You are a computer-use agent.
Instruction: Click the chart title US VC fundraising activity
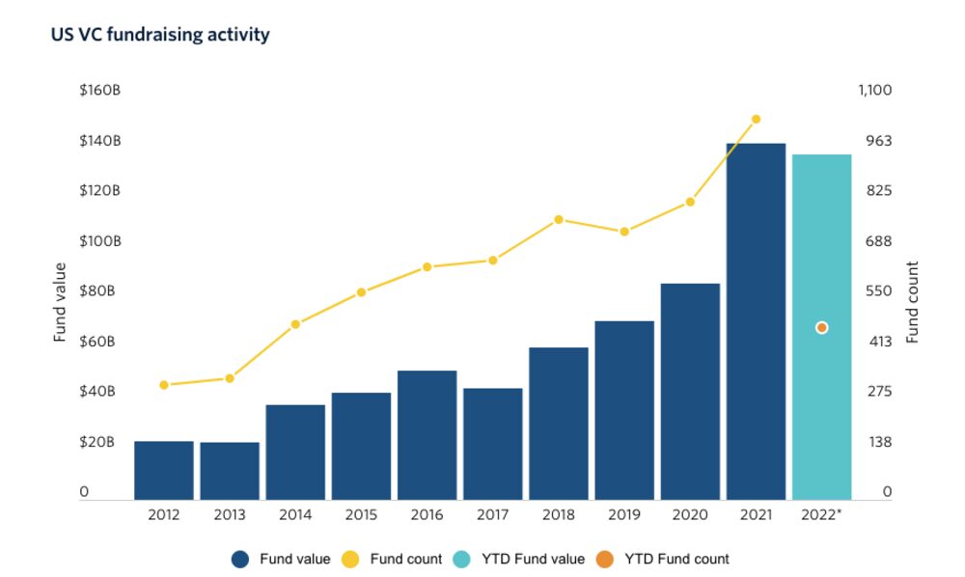click(160, 35)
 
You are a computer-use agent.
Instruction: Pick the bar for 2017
click(492, 444)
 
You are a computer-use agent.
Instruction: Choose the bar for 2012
click(164, 470)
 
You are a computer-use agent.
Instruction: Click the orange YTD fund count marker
click(821, 328)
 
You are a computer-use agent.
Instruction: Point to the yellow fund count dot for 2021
click(756, 120)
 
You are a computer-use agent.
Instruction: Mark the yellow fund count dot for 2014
click(295, 324)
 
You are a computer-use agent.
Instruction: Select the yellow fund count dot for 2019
click(624, 232)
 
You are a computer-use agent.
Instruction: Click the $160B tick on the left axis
click(100, 91)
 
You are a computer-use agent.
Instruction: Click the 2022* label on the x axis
click(821, 515)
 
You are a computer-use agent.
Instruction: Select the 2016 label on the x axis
click(427, 515)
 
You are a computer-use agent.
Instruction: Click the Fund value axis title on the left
click(60, 302)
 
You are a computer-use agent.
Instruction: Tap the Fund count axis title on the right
click(912, 302)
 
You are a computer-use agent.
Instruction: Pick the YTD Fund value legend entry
click(519, 559)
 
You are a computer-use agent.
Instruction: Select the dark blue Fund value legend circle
click(241, 559)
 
